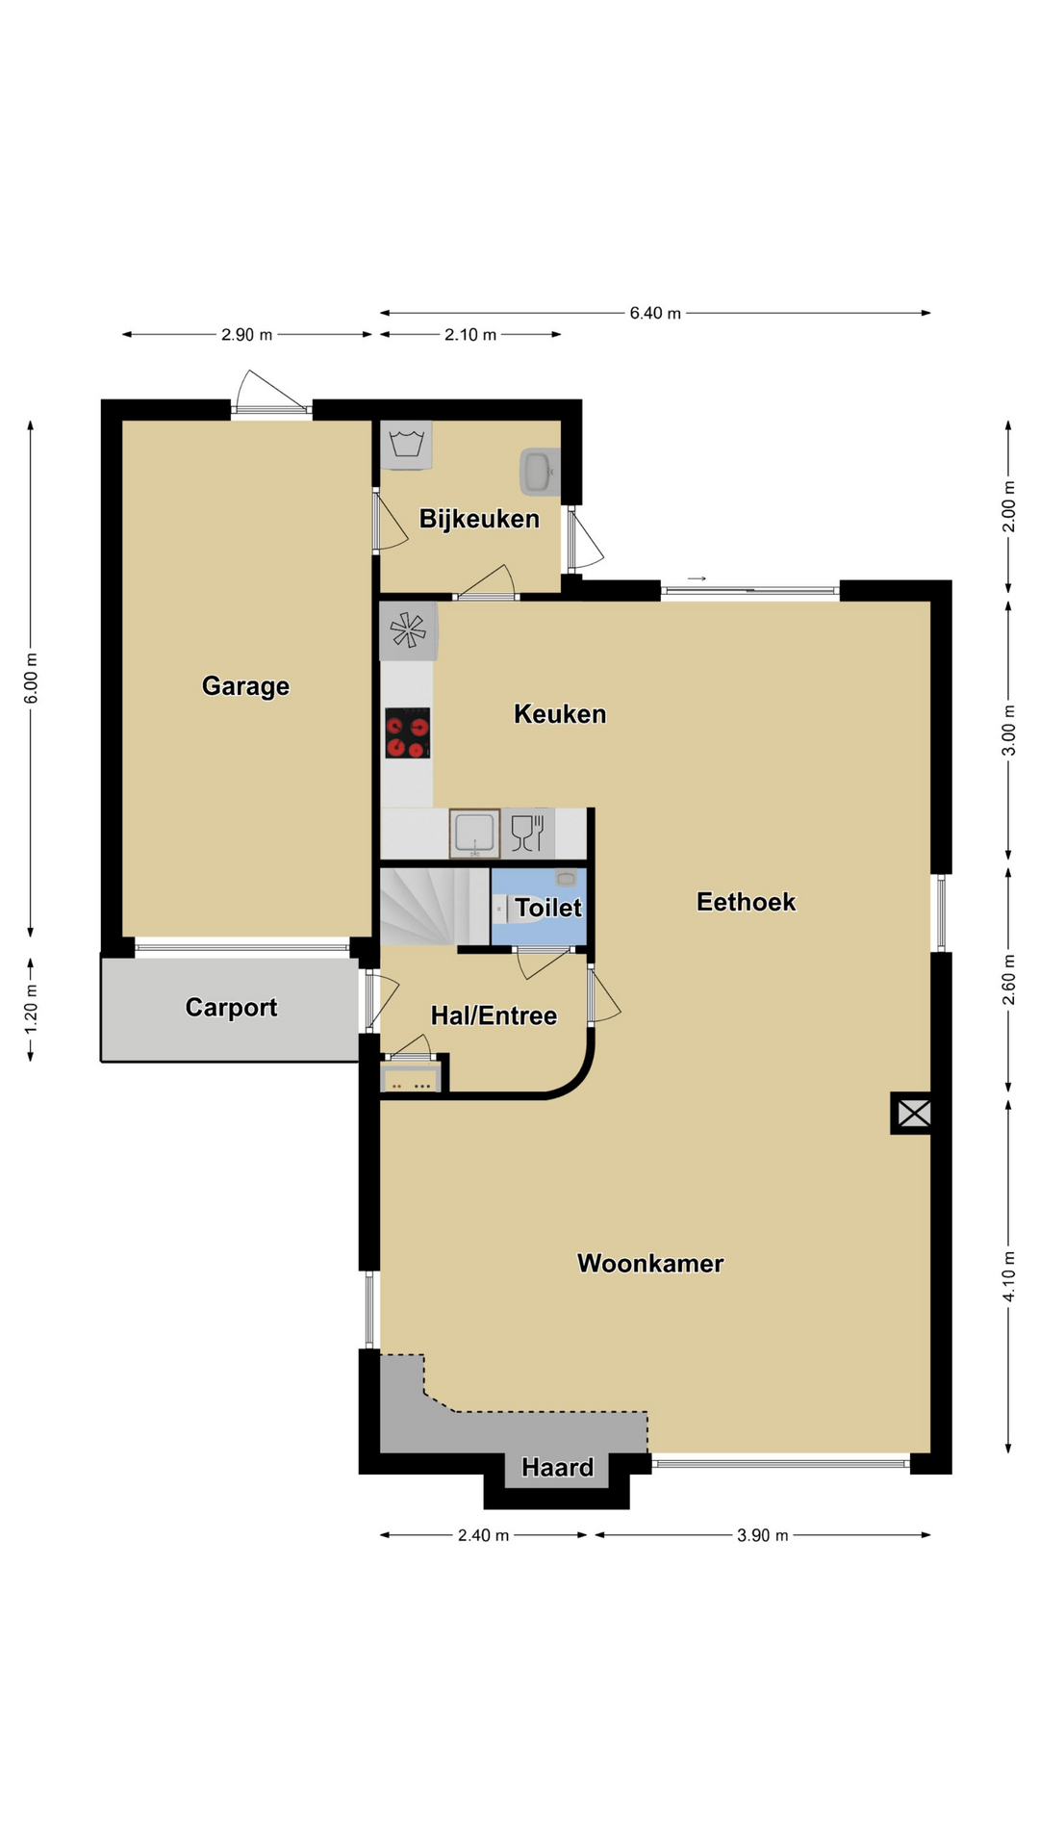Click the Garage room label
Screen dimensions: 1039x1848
click(x=245, y=686)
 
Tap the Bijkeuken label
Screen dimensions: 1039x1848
click(x=479, y=520)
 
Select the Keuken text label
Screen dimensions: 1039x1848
click(x=560, y=714)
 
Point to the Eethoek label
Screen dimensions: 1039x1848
click(x=747, y=902)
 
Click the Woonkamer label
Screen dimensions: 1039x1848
click(x=650, y=1264)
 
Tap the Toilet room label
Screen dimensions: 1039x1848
click(x=548, y=908)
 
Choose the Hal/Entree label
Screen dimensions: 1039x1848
click(x=494, y=1015)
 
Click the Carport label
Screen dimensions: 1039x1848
click(x=231, y=1008)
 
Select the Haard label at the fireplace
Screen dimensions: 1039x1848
click(x=558, y=1468)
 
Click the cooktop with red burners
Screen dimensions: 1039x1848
click(x=407, y=733)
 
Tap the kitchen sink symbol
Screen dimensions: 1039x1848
click(x=474, y=834)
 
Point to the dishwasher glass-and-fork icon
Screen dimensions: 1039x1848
click(x=528, y=833)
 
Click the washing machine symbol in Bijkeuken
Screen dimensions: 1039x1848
click(x=406, y=445)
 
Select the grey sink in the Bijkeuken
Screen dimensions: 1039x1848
click(x=539, y=471)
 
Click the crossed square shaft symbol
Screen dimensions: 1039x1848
click(x=914, y=1114)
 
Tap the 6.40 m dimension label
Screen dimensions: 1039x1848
click(x=655, y=313)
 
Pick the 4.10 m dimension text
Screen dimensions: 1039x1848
click(x=1008, y=1276)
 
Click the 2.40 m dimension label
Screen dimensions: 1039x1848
click(x=483, y=1535)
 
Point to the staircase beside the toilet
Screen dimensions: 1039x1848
click(x=435, y=907)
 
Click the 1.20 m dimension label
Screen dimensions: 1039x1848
click(x=31, y=1009)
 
